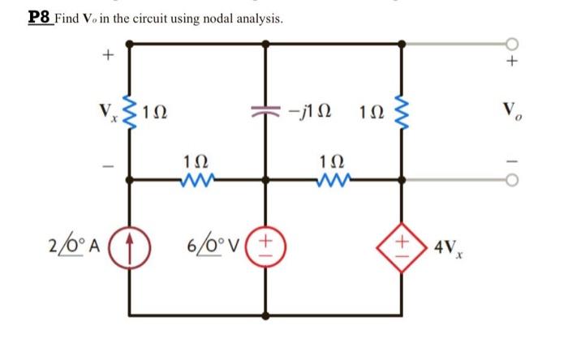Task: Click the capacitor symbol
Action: point(267,109)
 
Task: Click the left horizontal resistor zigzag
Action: point(198,173)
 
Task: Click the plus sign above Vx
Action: point(105,57)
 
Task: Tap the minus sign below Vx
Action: point(105,165)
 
